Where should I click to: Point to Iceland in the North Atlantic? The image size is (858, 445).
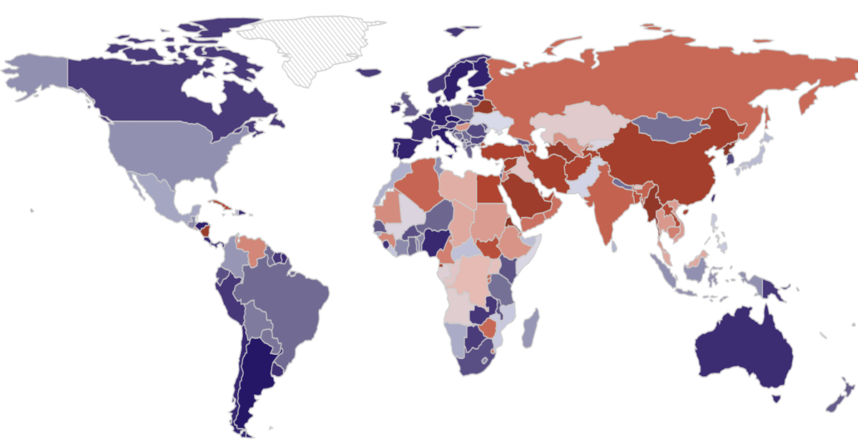coord(368,72)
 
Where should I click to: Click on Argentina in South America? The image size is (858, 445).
coord(250,379)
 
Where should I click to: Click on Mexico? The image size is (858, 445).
coord(161,197)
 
